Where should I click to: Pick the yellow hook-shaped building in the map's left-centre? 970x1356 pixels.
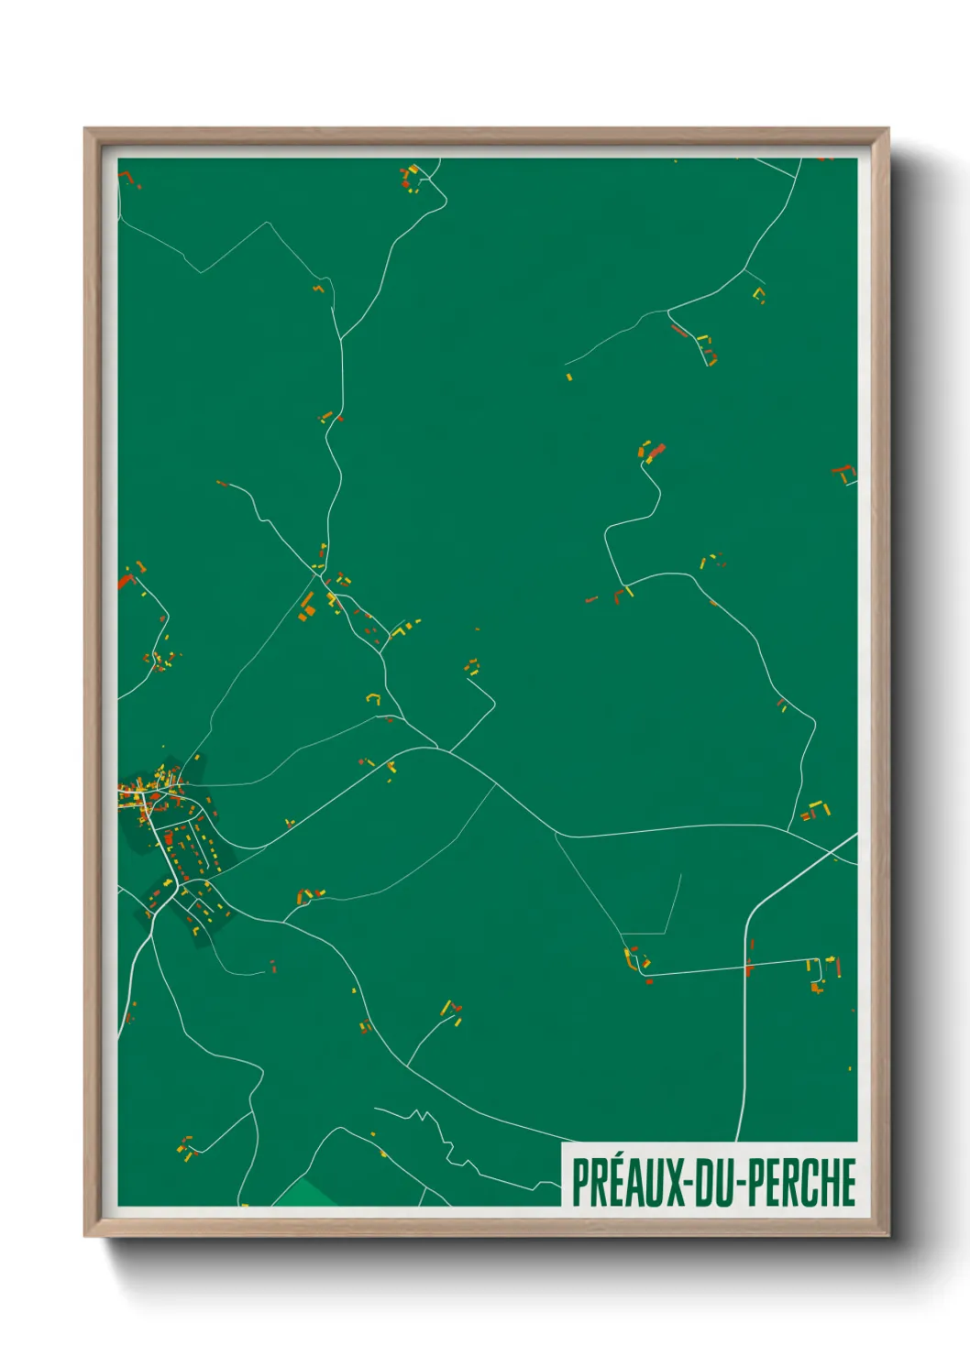pyautogui.click(x=373, y=698)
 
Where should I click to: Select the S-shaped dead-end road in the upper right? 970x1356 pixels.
pyautogui.click(x=633, y=522)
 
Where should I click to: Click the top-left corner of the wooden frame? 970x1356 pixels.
pyautogui.click(x=88, y=131)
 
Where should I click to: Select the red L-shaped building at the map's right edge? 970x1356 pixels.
pyautogui.click(x=844, y=473)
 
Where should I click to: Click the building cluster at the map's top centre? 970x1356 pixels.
pyautogui.click(x=410, y=178)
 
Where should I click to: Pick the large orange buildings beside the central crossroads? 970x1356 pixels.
pyautogui.click(x=306, y=607)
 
